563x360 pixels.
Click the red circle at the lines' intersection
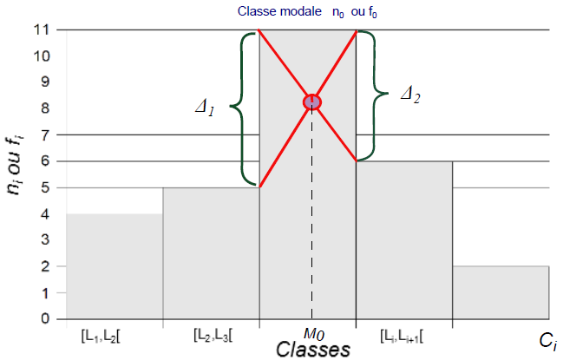312,102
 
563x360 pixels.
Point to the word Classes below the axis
313,349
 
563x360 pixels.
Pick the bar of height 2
501,292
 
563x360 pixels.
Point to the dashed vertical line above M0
312,217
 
